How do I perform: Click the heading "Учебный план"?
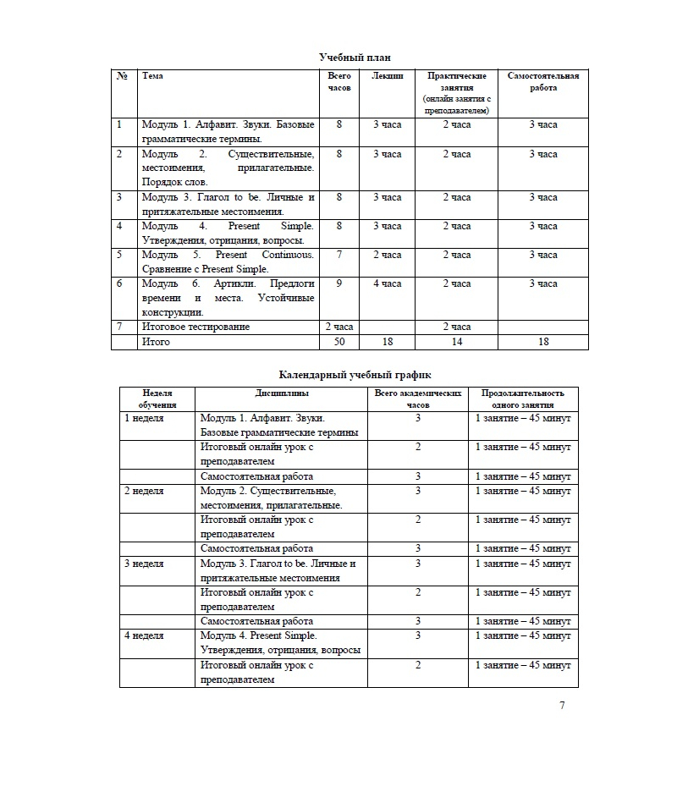click(x=355, y=57)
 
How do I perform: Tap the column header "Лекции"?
click(x=388, y=76)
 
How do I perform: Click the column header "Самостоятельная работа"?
click(x=543, y=81)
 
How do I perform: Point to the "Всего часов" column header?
click(x=338, y=81)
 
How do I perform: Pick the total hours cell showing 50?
click(x=338, y=342)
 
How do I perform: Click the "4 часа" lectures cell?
click(x=388, y=283)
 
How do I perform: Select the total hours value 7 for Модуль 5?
click(x=338, y=255)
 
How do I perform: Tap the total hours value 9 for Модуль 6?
click(x=338, y=283)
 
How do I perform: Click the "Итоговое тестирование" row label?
click(x=195, y=327)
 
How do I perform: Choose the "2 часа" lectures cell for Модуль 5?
click(x=388, y=255)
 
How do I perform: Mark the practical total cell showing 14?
click(x=457, y=342)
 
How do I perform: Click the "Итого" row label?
click(x=156, y=342)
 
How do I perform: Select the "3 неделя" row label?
click(x=145, y=564)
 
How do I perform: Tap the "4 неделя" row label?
click(x=145, y=635)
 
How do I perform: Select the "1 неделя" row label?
click(x=145, y=418)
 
